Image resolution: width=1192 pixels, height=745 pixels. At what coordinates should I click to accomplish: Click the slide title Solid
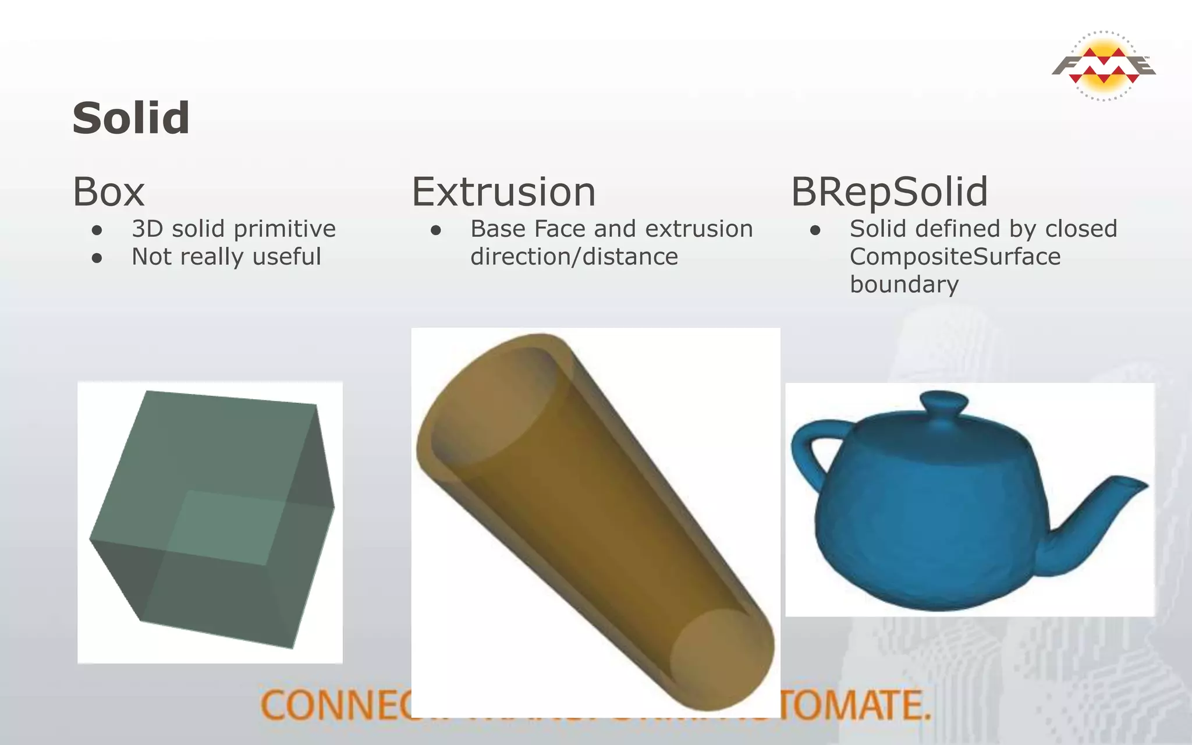point(131,118)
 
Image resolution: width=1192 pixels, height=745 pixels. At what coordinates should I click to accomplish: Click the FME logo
point(1104,66)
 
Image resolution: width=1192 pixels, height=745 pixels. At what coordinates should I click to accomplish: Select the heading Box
point(108,192)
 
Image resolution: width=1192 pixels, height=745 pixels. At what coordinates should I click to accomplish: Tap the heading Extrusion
point(503,192)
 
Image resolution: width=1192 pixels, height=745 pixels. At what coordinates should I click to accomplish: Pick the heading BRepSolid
point(889,192)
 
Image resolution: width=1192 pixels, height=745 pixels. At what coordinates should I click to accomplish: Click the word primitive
point(284,229)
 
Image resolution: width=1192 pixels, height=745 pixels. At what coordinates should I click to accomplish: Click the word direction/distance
point(574,257)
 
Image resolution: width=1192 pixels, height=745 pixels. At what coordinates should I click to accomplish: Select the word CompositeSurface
point(955,257)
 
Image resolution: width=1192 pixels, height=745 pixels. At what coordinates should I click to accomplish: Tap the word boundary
point(904,285)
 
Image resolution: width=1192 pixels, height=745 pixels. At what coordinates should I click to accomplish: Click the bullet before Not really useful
point(97,258)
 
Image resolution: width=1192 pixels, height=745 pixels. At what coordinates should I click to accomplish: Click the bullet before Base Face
point(436,230)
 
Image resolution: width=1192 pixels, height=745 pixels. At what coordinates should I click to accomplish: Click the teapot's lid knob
point(943,402)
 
